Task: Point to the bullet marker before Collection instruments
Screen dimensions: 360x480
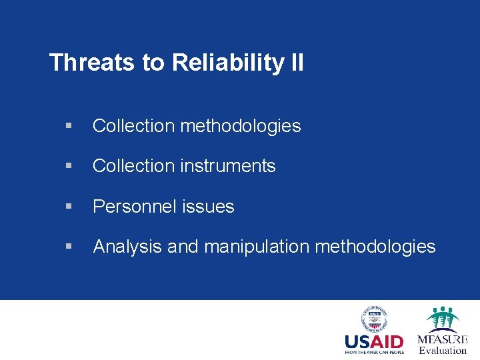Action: [x=69, y=166]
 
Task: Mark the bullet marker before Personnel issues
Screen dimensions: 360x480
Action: [x=69, y=207]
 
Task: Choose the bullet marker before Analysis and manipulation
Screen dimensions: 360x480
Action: [x=69, y=247]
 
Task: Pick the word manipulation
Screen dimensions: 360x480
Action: [x=257, y=247]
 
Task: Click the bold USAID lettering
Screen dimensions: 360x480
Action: [x=374, y=342]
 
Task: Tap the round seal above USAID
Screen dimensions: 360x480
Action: [x=374, y=318]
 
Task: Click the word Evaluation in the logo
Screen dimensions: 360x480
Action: [x=443, y=351]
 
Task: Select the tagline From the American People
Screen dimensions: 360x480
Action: [x=374, y=353]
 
